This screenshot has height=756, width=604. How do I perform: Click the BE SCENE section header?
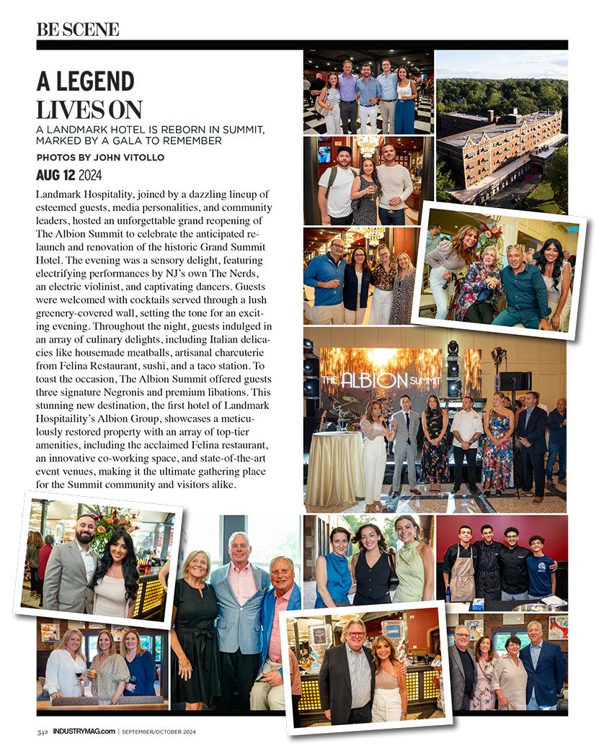[78, 30]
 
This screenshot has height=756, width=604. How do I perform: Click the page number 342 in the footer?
[43, 732]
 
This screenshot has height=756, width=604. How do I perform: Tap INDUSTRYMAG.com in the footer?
[84, 732]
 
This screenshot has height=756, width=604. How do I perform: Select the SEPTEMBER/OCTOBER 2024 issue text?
[160, 732]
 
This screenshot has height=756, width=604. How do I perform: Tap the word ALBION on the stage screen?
[368, 379]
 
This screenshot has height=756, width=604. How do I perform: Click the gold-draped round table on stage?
[334, 468]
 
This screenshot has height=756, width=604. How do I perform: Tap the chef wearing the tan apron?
[461, 569]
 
